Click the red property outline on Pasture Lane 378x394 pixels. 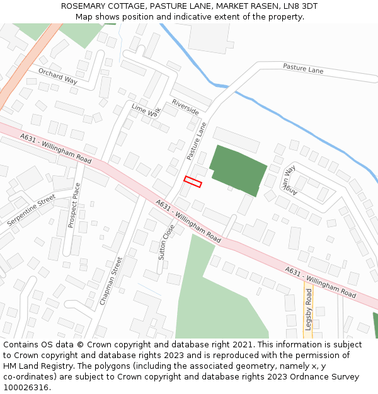(193, 182)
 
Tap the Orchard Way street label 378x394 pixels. (57, 76)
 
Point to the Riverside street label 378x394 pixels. (185, 107)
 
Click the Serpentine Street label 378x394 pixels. (31, 211)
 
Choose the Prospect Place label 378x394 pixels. (73, 206)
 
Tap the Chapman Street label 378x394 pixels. (111, 281)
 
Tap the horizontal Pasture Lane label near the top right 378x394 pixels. (303, 69)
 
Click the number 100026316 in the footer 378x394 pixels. (26, 387)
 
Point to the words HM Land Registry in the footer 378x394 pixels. (37, 366)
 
